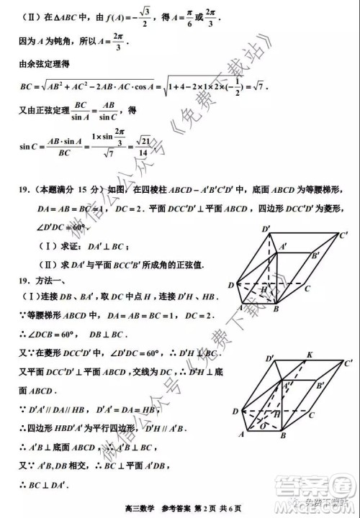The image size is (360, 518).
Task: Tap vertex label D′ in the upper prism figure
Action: pyautogui.click(x=266, y=230)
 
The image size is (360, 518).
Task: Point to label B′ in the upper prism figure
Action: pyautogui.click(x=315, y=256)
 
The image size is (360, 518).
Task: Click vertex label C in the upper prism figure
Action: pyautogui.click(x=307, y=288)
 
